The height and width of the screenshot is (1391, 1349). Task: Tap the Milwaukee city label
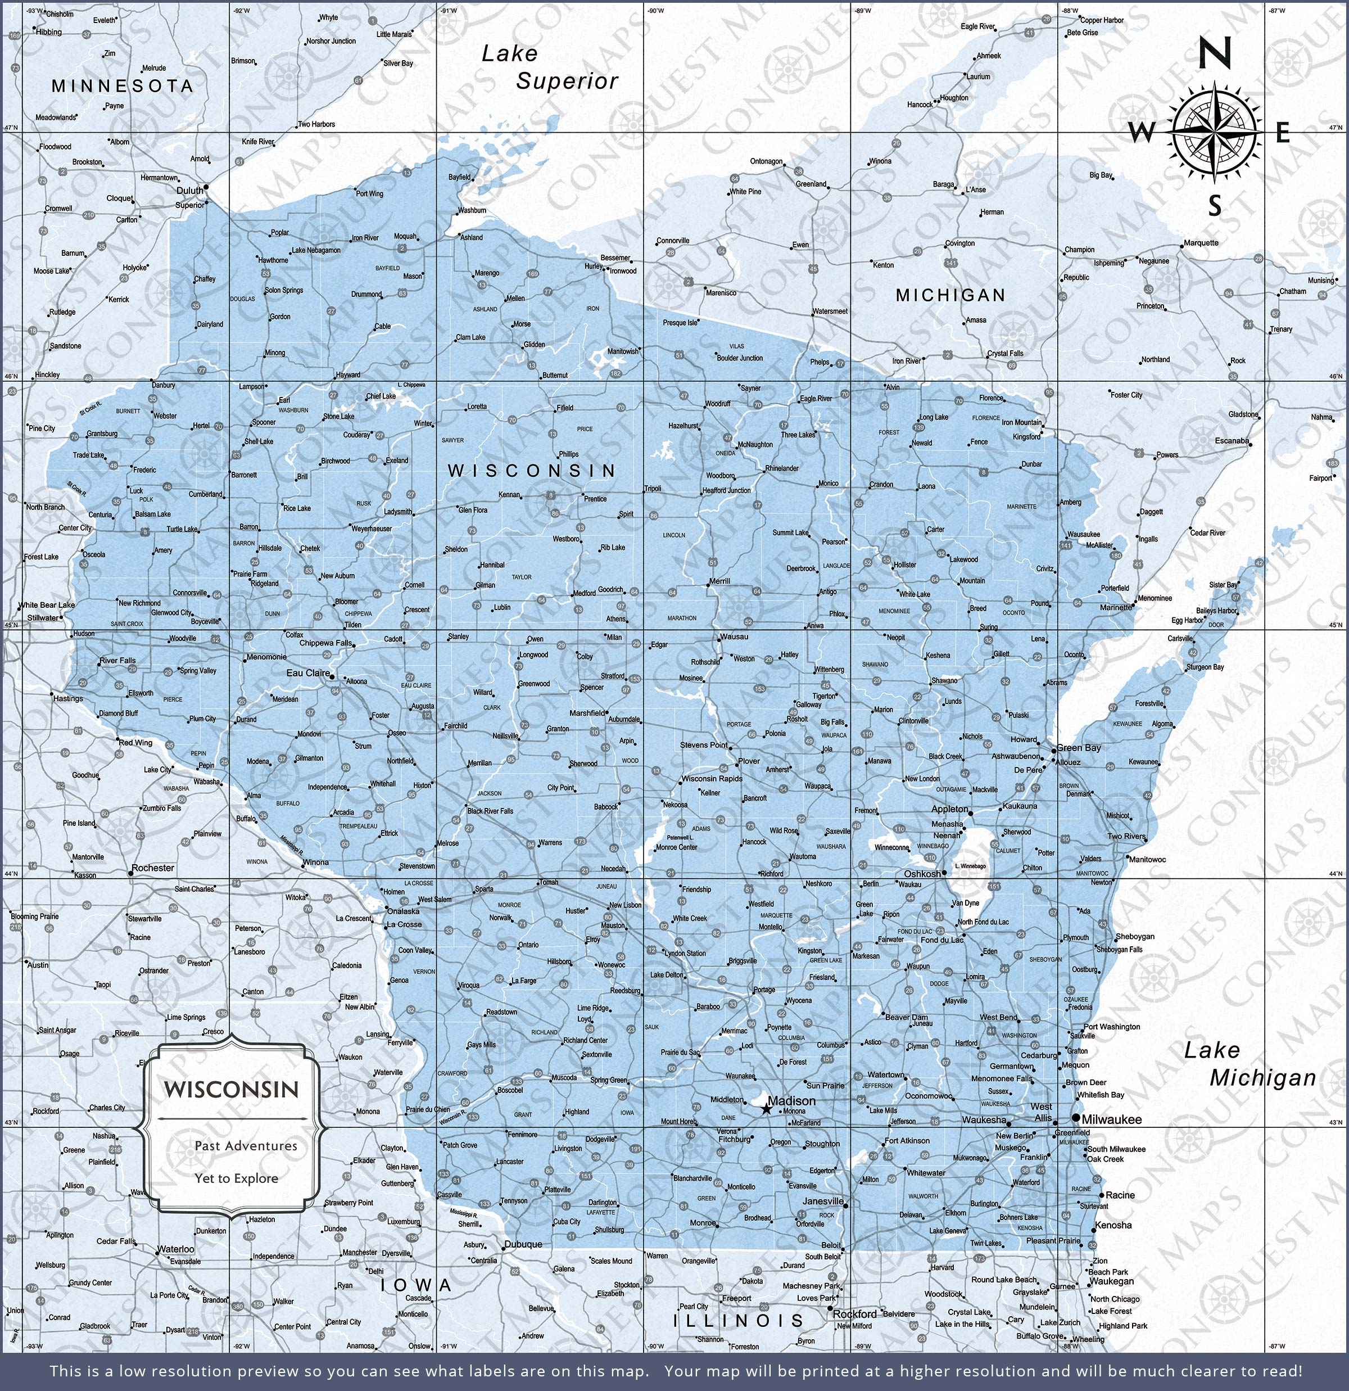click(x=1111, y=1119)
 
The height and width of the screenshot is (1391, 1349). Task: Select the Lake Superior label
click(x=549, y=67)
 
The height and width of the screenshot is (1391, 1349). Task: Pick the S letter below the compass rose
click(x=1215, y=206)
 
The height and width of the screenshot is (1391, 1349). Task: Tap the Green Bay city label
click(x=1079, y=747)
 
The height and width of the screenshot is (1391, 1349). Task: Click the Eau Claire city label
click(x=308, y=673)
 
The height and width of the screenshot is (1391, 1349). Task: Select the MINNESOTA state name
click(x=122, y=87)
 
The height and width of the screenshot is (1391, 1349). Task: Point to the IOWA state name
click(x=416, y=1285)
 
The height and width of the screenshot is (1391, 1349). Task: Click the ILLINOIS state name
click(x=738, y=1321)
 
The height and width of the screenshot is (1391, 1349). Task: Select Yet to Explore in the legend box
click(x=236, y=1178)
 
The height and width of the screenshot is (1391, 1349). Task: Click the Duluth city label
click(x=189, y=190)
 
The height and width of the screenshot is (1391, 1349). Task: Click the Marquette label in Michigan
click(x=1201, y=243)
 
